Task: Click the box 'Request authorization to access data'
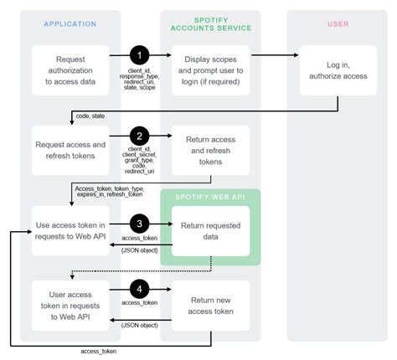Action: pyautogui.click(x=70, y=70)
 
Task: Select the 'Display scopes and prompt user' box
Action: pyautogui.click(x=210, y=70)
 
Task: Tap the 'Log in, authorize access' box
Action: pyautogui.click(x=338, y=70)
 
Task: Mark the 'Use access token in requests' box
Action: pyautogui.click(x=70, y=230)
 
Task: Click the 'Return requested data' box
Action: pyautogui.click(x=210, y=230)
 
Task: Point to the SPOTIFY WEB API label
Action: pyautogui.click(x=210, y=198)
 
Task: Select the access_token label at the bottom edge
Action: pyautogui.click(x=99, y=351)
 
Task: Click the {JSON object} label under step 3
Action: pyautogui.click(x=137, y=250)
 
